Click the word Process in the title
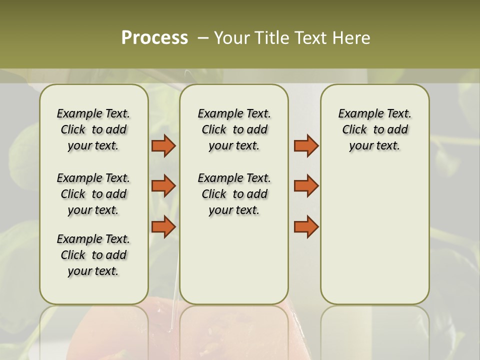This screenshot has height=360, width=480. pyautogui.click(x=154, y=38)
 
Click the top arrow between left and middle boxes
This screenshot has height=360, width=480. pyautogui.click(x=163, y=145)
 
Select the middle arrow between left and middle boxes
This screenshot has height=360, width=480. pyautogui.click(x=163, y=186)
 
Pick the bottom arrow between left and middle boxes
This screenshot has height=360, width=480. pyautogui.click(x=163, y=226)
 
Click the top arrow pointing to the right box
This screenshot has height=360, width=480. pyautogui.click(x=306, y=145)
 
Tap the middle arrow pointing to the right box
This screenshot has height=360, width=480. pyautogui.click(x=306, y=186)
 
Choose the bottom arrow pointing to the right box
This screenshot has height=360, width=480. pyautogui.click(x=306, y=226)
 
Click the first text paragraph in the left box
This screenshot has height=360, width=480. pyautogui.click(x=93, y=129)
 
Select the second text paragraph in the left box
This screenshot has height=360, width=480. pyautogui.click(x=93, y=194)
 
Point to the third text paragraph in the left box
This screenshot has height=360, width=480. pyautogui.click(x=93, y=255)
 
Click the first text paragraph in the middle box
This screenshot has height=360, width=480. pyautogui.click(x=234, y=129)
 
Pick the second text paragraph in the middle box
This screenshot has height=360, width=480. pyautogui.click(x=234, y=194)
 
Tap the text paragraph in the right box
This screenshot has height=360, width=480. pyautogui.click(x=374, y=129)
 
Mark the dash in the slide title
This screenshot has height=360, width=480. pyautogui.click(x=203, y=38)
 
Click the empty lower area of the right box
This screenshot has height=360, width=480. pyautogui.click(x=374, y=235)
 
